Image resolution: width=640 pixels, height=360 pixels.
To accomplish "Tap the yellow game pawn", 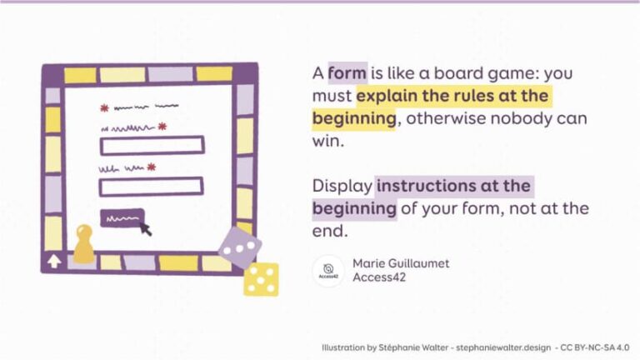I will point(83,242).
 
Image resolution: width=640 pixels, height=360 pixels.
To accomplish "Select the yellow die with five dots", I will point(261,279).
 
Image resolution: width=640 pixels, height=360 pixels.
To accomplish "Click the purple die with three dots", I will point(239,247).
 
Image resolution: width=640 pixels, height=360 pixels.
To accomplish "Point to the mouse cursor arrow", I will point(146,227).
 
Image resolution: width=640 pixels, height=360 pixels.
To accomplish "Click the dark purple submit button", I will point(122,217).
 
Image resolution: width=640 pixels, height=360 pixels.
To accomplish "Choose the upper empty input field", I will point(152,145).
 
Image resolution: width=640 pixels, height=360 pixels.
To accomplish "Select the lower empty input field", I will point(152,187).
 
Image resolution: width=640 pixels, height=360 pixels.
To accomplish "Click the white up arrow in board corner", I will point(54,262).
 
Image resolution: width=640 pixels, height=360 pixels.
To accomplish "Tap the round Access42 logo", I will point(328,270).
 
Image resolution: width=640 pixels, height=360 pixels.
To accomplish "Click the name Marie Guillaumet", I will point(401,263).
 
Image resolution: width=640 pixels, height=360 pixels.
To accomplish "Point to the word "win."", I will point(328,142).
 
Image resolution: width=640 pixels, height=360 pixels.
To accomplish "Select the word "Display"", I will point(342,185).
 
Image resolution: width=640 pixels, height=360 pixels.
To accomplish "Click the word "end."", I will point(329,232).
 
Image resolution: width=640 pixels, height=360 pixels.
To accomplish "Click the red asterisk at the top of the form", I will point(104,108).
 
